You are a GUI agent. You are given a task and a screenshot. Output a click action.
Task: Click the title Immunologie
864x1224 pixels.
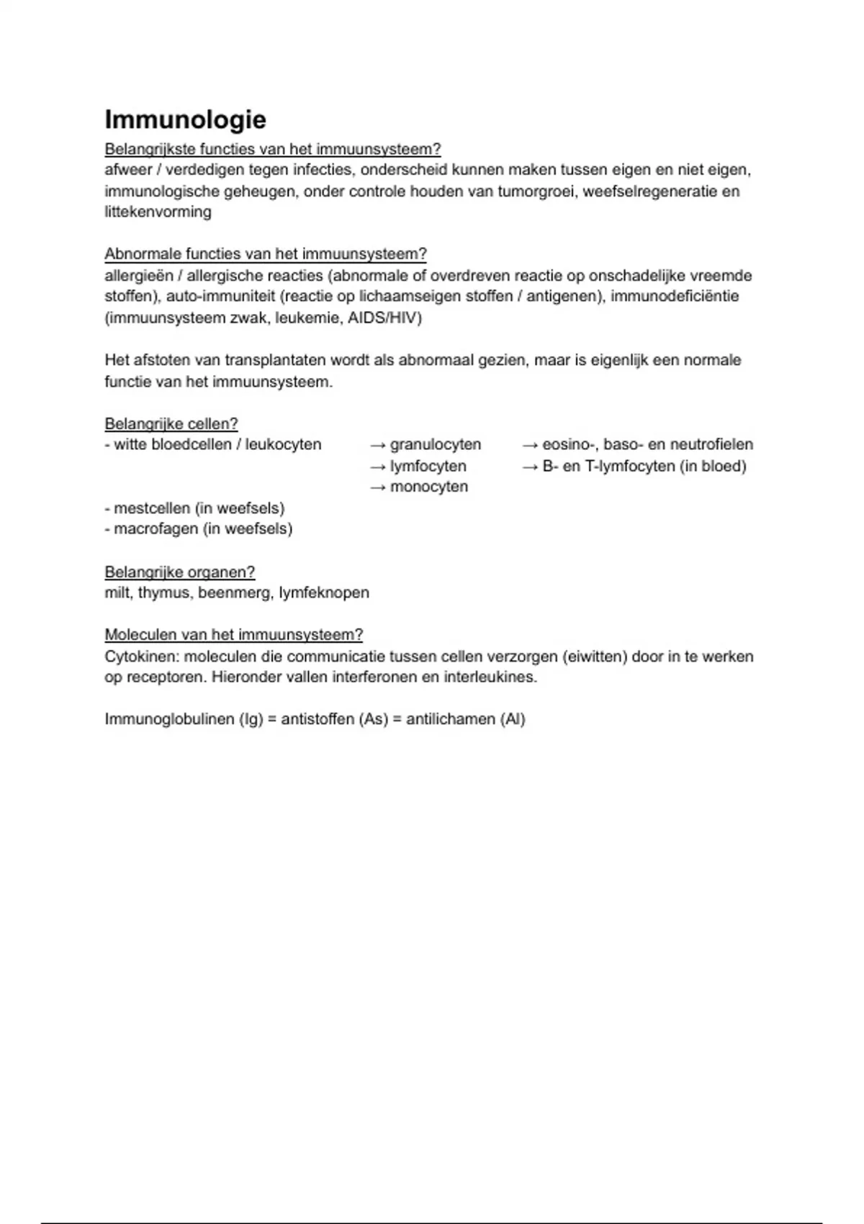[x=185, y=120]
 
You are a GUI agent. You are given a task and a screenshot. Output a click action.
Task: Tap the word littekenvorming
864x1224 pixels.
[x=158, y=212]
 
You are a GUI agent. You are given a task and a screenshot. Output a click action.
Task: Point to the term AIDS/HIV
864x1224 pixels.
[x=384, y=318]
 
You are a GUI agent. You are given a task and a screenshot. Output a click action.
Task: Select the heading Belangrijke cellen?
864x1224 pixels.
[x=171, y=424]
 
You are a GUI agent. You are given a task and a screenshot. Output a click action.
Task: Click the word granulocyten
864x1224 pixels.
[x=435, y=445]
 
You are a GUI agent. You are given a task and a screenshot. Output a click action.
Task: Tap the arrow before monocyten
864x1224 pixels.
[x=378, y=487]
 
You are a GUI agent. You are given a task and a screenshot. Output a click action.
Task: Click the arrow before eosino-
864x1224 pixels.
[x=530, y=445]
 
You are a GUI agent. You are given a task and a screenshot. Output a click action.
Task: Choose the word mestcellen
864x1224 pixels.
[x=151, y=508]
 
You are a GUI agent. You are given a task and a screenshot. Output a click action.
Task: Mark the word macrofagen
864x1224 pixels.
[x=156, y=529]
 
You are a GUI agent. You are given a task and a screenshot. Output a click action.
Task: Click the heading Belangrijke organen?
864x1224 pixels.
[x=179, y=572]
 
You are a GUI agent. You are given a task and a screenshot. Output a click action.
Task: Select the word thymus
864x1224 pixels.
[x=163, y=593]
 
